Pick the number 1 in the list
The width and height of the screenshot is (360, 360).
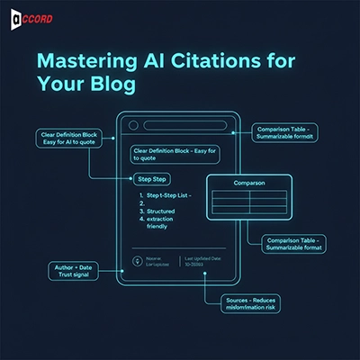click(x=142, y=194)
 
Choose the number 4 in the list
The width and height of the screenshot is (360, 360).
click(x=142, y=228)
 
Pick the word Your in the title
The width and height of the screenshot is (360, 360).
click(x=57, y=85)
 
